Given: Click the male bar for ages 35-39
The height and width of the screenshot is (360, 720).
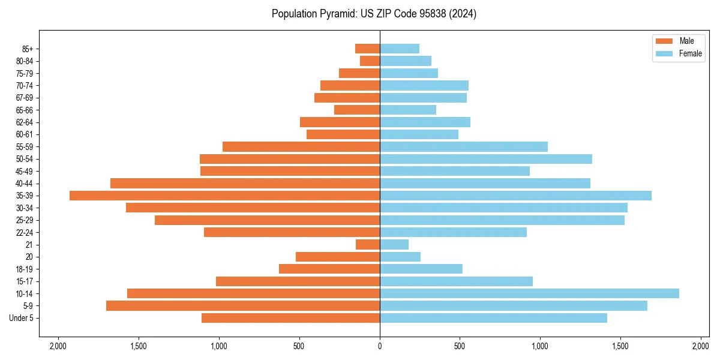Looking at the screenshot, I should click(x=224, y=196).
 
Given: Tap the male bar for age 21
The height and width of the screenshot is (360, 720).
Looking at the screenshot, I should click(x=368, y=244).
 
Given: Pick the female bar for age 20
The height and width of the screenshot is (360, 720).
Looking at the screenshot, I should click(x=400, y=257).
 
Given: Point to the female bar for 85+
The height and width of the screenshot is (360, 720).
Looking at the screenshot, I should click(x=400, y=49).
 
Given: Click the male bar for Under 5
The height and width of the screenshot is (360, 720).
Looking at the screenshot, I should click(x=290, y=318).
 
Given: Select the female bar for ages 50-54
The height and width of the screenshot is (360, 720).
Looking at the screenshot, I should click(x=486, y=159).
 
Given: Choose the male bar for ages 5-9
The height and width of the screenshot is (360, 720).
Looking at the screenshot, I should click(x=243, y=306).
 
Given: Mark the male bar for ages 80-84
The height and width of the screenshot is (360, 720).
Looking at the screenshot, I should click(x=370, y=61).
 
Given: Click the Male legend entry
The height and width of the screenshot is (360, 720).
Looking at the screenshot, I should click(x=678, y=41).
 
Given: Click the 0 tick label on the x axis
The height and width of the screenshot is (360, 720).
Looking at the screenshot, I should click(x=380, y=346).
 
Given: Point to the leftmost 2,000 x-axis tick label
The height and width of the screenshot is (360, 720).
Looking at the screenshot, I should click(x=58, y=346).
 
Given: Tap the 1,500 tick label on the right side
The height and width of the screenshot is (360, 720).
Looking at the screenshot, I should click(x=620, y=346).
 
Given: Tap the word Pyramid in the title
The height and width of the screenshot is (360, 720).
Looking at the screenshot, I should click(x=337, y=14).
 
